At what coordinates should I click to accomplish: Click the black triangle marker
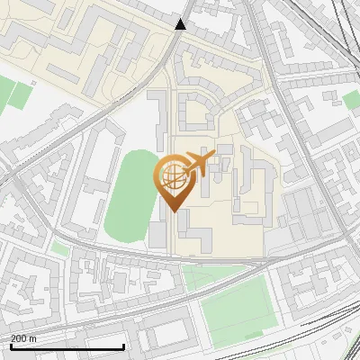(181, 24)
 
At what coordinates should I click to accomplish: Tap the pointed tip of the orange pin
(174, 211)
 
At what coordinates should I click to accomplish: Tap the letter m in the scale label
(33, 338)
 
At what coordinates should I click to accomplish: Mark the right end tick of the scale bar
(123, 346)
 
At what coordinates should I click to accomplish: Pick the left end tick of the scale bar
(11, 346)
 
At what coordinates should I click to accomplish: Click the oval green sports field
(131, 198)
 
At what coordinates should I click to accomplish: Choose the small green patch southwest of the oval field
(60, 247)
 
